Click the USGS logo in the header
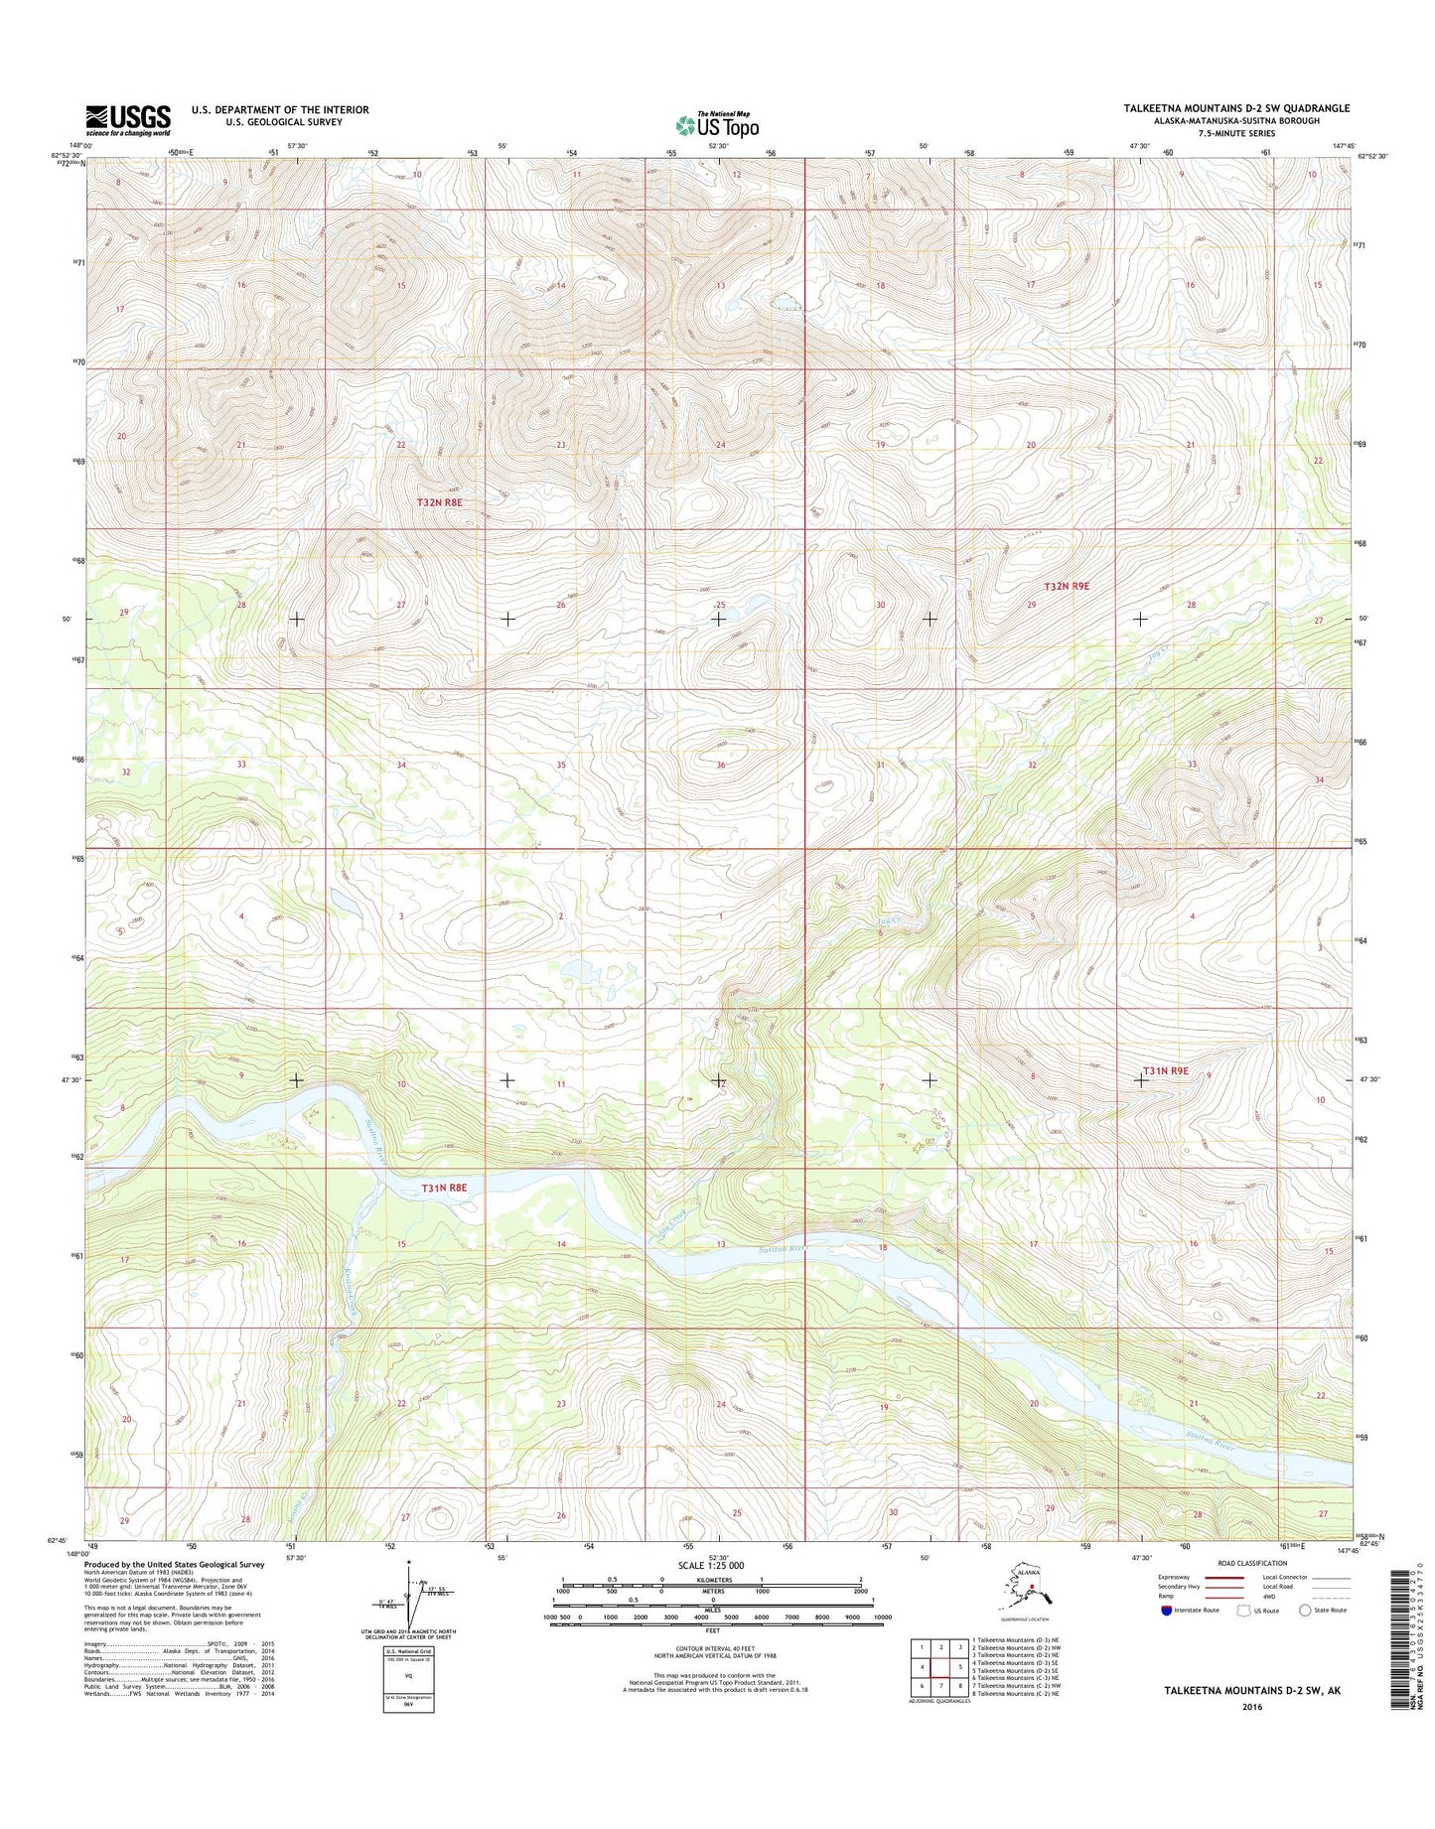[x=127, y=120]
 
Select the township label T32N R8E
[x=440, y=503]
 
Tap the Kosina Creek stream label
[x=350, y=1292]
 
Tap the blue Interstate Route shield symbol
[x=1166, y=1610]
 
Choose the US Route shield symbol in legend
[x=1244, y=1610]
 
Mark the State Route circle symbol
[x=1304, y=1610]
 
